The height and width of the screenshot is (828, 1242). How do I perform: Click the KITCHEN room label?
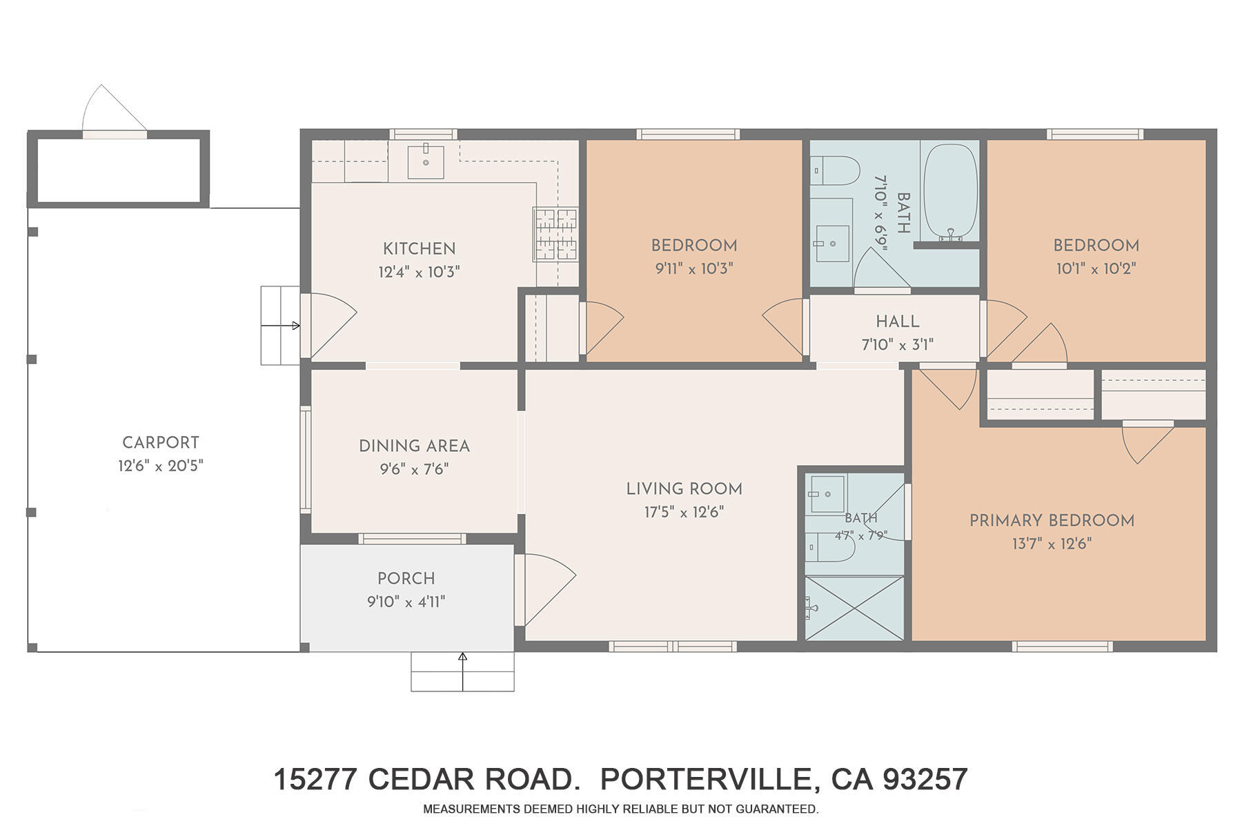click(x=419, y=248)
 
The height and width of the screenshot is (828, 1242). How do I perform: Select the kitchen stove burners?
click(x=555, y=235)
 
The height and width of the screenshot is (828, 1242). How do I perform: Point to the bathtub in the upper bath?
click(x=951, y=193)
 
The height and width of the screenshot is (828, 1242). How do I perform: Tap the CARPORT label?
click(x=161, y=442)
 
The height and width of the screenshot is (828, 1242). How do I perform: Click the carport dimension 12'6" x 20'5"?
click(x=161, y=466)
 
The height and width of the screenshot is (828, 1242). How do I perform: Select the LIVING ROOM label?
click(x=684, y=489)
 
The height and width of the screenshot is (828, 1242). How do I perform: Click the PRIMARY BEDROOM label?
click(x=1052, y=520)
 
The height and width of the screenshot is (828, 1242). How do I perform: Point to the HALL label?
click(x=898, y=321)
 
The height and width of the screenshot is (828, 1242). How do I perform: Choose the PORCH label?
click(x=406, y=578)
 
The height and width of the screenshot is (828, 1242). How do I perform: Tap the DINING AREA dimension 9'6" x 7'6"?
click(x=415, y=469)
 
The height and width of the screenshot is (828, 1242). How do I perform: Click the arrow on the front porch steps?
click(x=462, y=671)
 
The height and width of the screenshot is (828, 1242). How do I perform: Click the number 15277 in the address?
click(x=315, y=780)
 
